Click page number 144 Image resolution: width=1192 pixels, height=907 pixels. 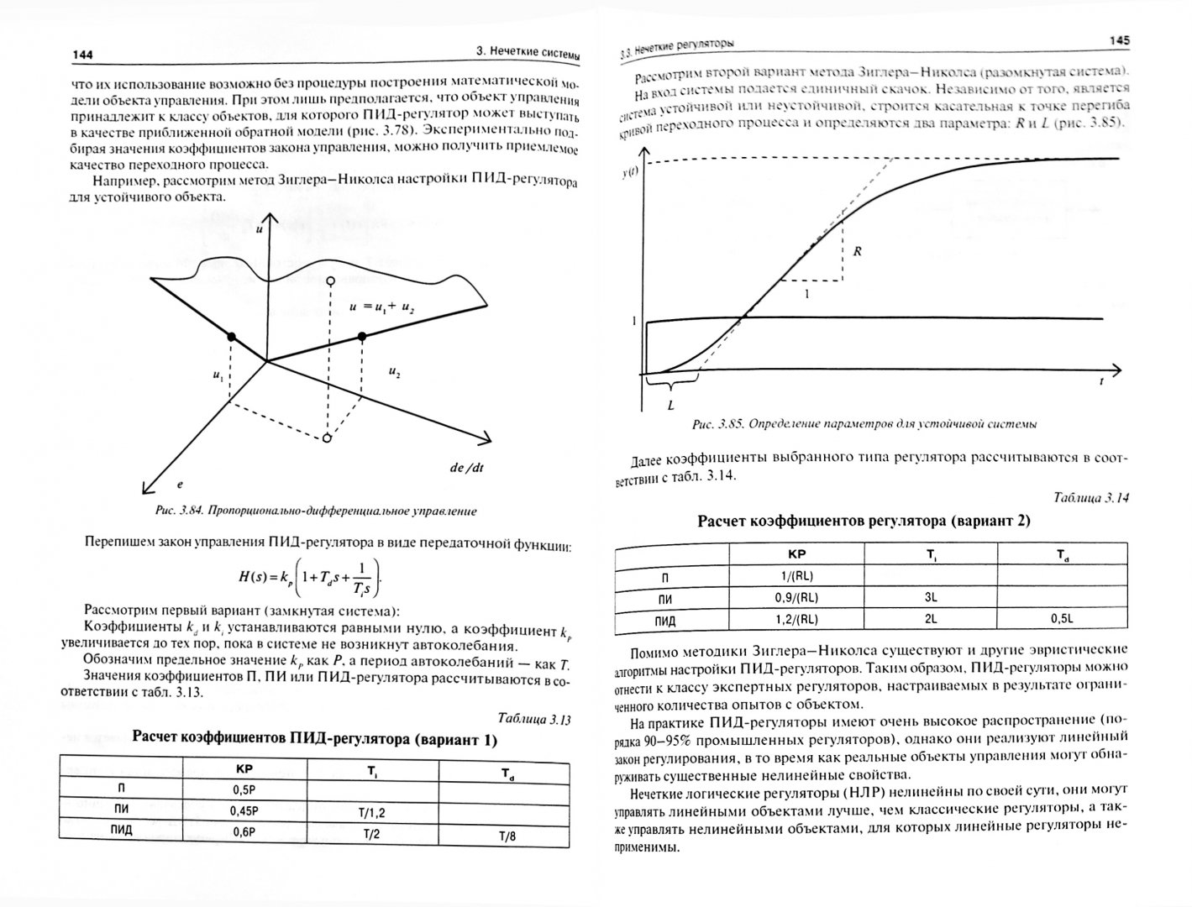coord(83,55)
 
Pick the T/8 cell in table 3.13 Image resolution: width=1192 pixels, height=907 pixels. coord(507,836)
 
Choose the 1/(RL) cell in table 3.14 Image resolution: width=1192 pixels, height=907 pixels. coord(793,575)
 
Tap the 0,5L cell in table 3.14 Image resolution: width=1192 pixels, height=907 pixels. coord(1062,619)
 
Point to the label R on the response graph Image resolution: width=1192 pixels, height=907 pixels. coord(858,251)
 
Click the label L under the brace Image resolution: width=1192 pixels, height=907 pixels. coord(670,404)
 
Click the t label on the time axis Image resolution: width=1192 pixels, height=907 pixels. coord(1100,380)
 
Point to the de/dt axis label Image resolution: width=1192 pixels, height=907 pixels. coord(466,469)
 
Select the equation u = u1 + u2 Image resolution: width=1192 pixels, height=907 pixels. coord(382,308)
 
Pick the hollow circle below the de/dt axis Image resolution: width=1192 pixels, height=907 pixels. coord(328,438)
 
